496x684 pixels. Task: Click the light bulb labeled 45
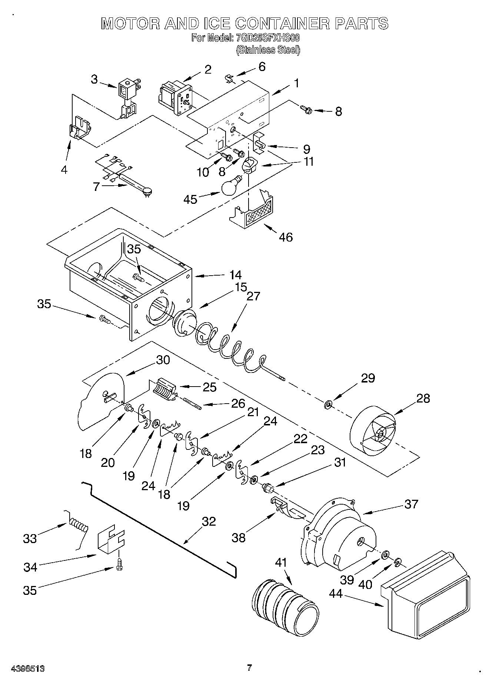(x=230, y=186)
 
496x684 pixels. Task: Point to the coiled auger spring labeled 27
(x=230, y=344)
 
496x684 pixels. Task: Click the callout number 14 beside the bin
(x=235, y=275)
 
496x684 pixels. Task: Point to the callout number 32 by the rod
(x=209, y=521)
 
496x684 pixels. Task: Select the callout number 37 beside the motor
(x=411, y=504)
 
